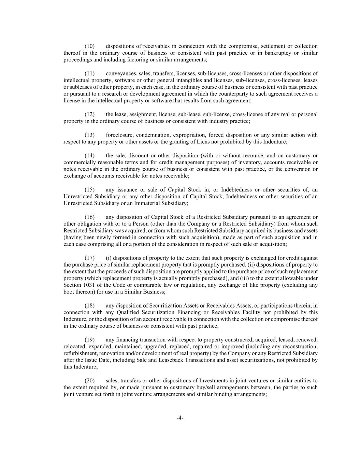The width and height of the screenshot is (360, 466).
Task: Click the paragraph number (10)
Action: click(x=89, y=46)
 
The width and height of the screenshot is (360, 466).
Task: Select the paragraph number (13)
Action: click(x=89, y=135)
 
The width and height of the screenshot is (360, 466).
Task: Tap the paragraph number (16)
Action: click(x=89, y=217)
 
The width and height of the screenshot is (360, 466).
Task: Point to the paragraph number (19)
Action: click(x=89, y=340)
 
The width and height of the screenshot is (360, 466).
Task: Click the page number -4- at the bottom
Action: click(x=180, y=418)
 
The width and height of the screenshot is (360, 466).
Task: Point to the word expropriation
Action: click(x=189, y=135)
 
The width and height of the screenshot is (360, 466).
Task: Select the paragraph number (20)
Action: click(x=89, y=381)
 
